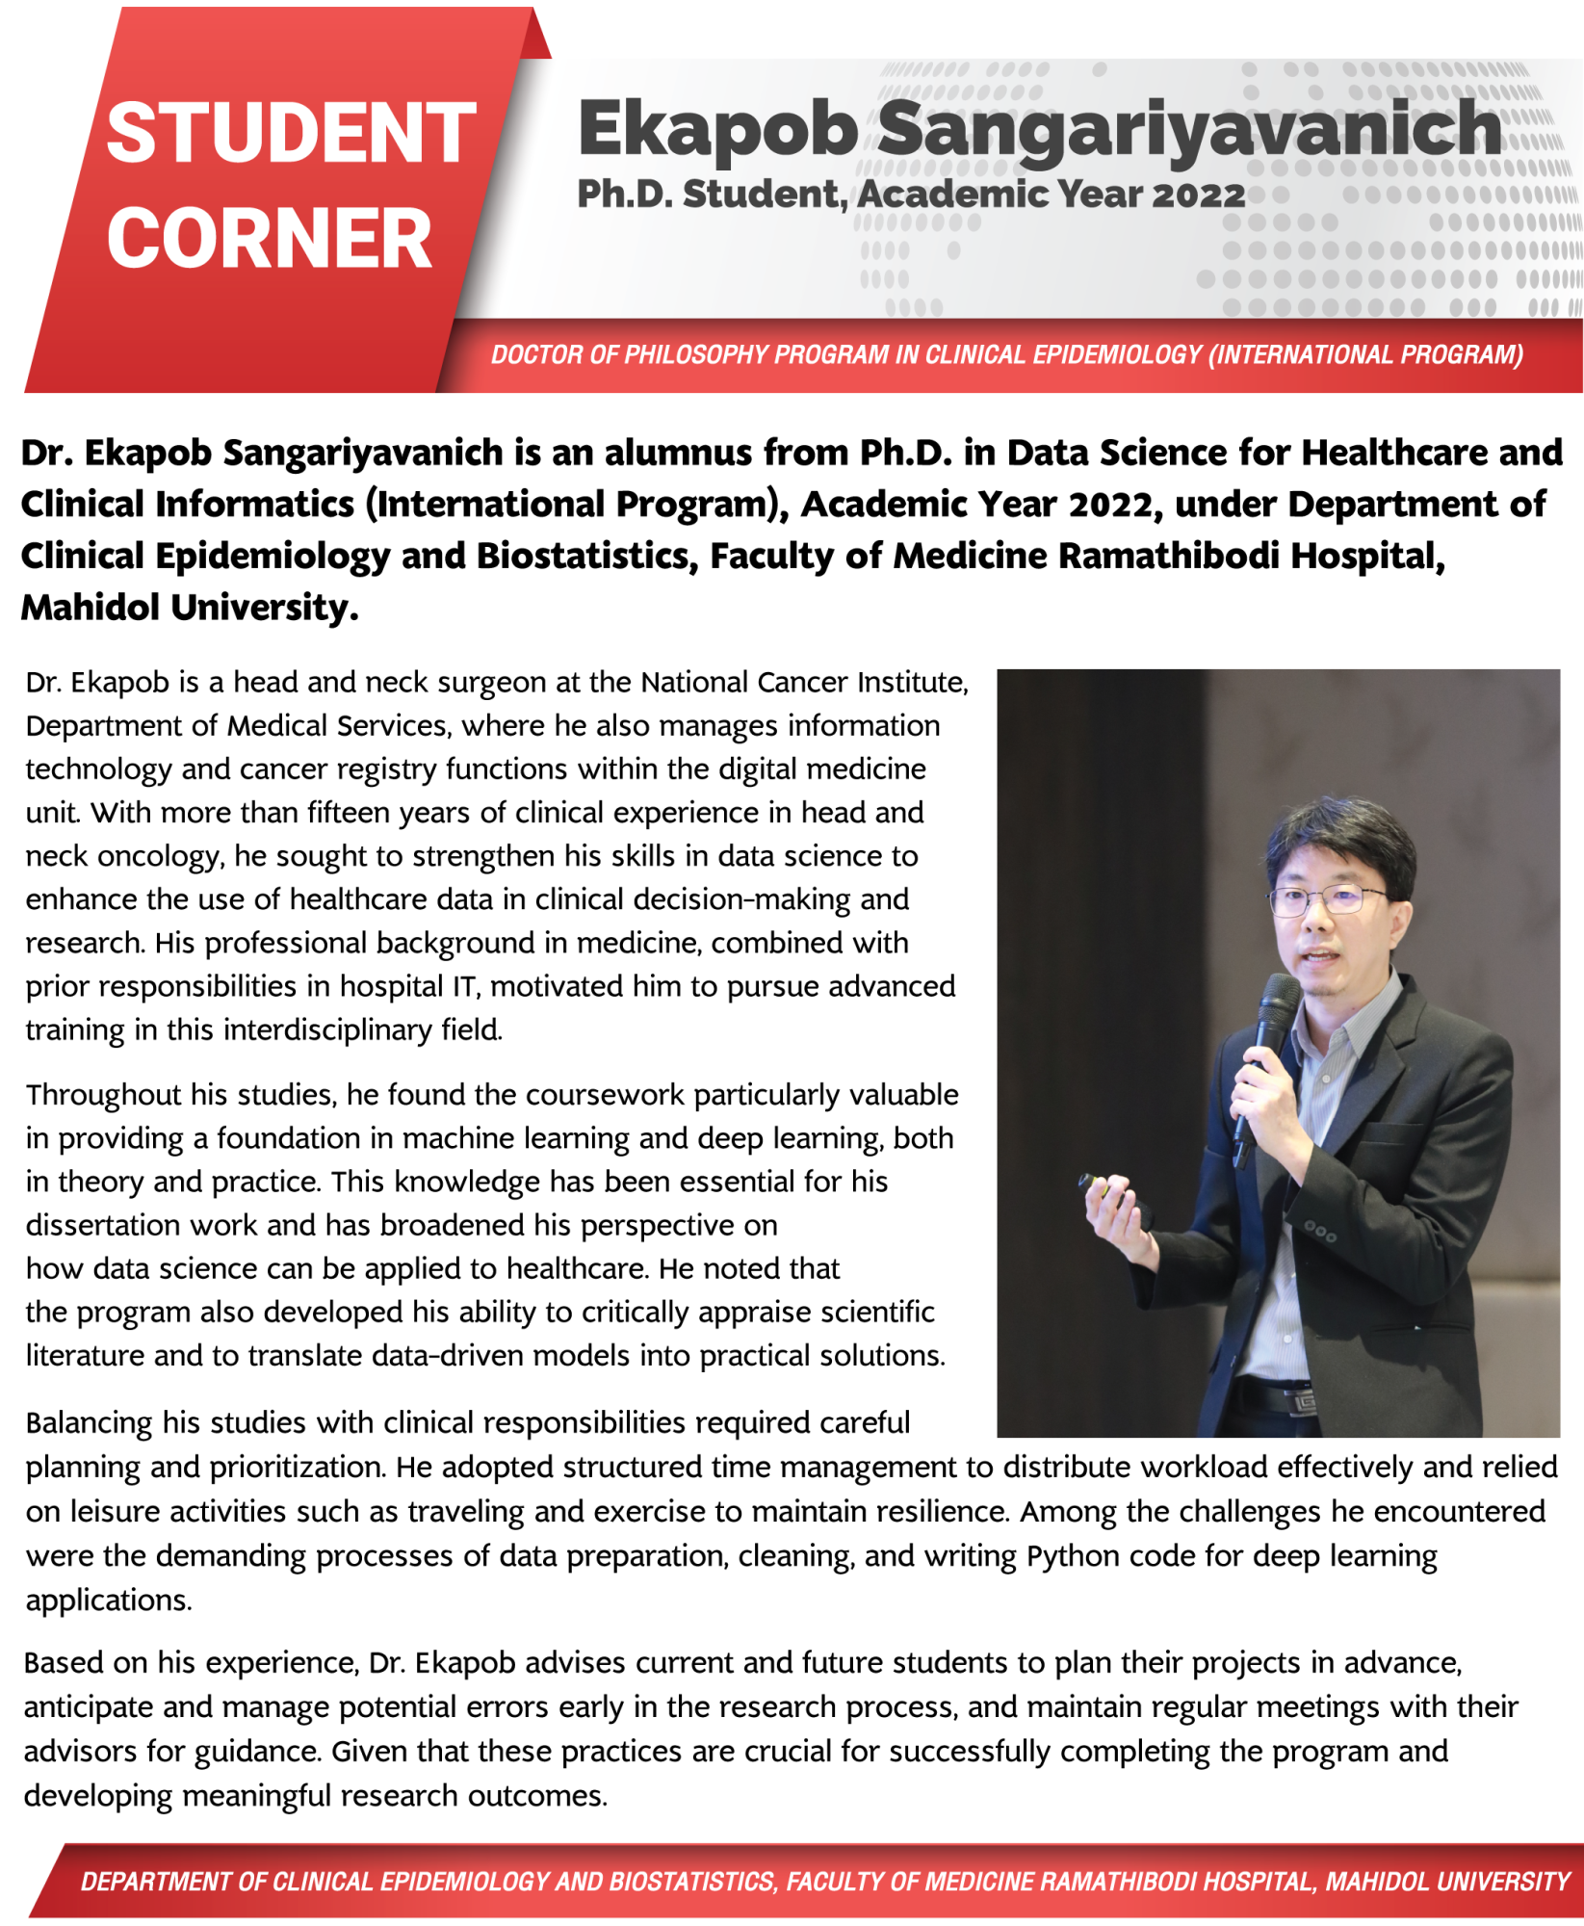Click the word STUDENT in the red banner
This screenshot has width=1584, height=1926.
291,133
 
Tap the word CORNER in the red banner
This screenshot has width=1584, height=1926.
270,239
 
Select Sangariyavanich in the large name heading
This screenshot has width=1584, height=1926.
1188,129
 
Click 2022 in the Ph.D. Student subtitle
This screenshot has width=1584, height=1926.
1198,195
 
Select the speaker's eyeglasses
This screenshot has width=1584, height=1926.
1328,900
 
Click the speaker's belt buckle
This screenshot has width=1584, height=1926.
1301,1401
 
